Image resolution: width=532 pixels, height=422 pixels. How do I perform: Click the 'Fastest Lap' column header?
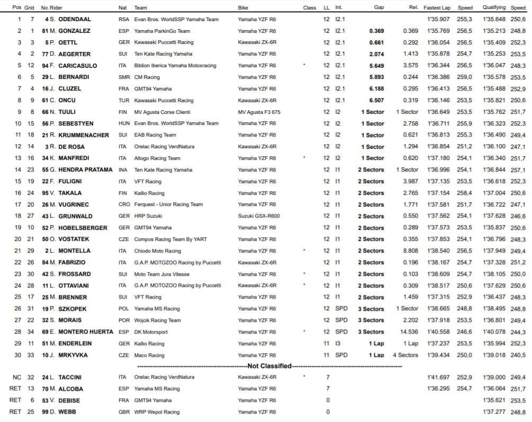(437, 8)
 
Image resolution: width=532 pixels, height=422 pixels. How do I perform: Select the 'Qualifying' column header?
(494, 8)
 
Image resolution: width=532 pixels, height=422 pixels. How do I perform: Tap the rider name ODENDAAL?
(74, 20)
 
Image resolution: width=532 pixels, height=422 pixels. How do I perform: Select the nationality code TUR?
(124, 101)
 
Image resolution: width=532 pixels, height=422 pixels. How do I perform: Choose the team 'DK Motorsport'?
(151, 332)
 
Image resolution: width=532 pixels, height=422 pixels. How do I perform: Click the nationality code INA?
(123, 170)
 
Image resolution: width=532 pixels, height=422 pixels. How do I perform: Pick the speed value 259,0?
(465, 77)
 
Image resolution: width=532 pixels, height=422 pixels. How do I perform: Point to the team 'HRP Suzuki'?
(148, 217)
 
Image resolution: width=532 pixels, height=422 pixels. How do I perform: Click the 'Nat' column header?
(123, 8)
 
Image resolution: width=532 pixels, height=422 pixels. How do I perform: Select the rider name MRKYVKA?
(73, 355)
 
